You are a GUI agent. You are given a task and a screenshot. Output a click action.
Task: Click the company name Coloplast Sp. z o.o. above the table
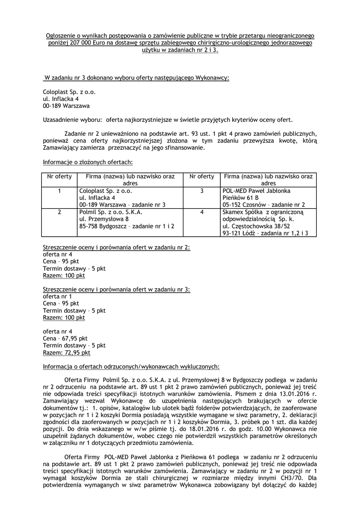69,92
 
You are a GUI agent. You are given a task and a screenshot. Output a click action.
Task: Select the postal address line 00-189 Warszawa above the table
66,106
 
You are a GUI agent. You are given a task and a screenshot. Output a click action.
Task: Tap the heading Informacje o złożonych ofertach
88,162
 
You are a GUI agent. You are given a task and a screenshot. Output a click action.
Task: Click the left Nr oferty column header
59,176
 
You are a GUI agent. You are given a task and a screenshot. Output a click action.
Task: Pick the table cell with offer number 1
59,191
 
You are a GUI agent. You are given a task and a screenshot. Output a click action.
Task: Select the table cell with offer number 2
59,212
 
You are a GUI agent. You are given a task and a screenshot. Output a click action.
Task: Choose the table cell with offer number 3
202,191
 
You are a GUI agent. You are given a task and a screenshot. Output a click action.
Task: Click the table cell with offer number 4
202,212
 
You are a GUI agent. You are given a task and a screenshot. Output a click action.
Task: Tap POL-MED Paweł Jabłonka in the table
257,191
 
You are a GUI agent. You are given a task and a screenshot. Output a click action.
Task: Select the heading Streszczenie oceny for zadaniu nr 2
116,247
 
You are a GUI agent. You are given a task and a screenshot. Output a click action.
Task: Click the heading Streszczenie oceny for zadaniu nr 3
116,289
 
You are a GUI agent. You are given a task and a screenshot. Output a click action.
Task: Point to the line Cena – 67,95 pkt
65,339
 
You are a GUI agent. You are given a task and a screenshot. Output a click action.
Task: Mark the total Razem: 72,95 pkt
67,352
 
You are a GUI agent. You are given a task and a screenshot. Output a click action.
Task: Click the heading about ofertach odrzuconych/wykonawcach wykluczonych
131,367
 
